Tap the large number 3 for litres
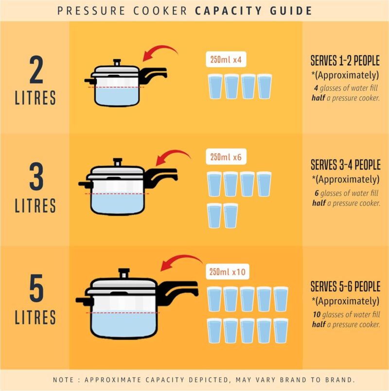click(36, 178)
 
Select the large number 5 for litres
click(36, 291)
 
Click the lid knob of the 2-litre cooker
click(116, 63)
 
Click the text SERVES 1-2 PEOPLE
click(345, 62)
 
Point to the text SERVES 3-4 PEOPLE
click(345, 165)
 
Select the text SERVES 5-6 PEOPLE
click(345, 286)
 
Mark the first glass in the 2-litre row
click(215, 87)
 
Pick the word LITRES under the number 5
click(35, 317)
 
